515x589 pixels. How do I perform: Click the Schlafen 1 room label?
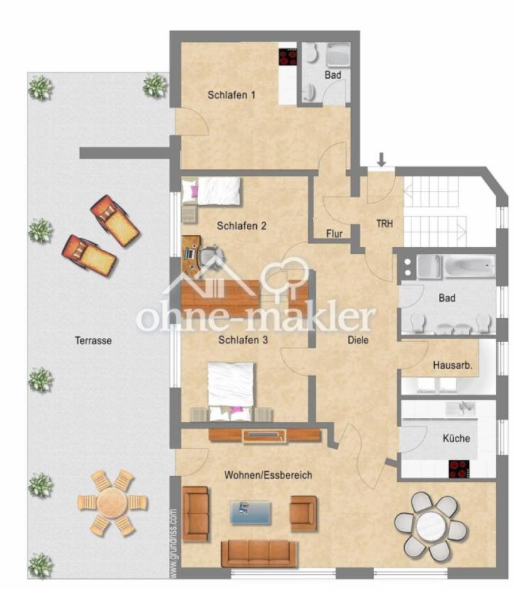click(231, 95)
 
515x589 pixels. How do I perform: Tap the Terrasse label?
click(93, 341)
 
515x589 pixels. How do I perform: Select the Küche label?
click(456, 439)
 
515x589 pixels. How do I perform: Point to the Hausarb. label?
click(453, 365)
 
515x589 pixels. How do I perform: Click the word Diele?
click(358, 341)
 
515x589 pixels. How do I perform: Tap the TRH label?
click(384, 224)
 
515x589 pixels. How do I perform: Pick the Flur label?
click(334, 234)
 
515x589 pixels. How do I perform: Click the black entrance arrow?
click(382, 159)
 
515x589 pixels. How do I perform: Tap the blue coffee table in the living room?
click(250, 512)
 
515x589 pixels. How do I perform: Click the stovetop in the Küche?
click(460, 469)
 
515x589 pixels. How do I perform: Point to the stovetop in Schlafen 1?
click(288, 57)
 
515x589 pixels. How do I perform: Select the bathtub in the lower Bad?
click(470, 267)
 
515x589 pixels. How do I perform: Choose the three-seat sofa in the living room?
click(259, 554)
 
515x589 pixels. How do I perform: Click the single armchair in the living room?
click(304, 513)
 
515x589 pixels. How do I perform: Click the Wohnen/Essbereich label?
click(268, 475)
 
